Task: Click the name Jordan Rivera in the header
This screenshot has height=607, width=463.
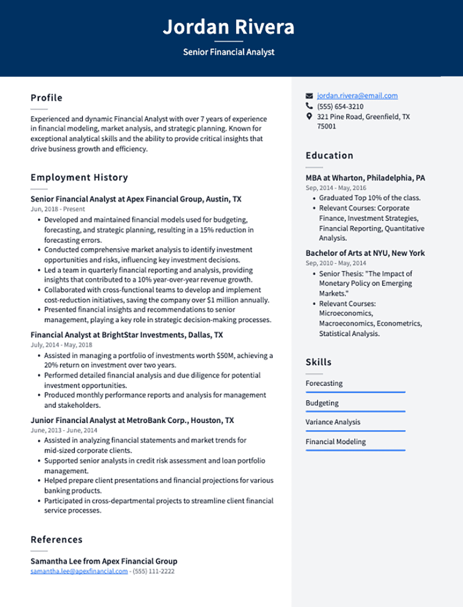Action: click(x=228, y=27)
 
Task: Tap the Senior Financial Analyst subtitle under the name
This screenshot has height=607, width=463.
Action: click(x=228, y=52)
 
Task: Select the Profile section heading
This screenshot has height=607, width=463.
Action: click(x=46, y=98)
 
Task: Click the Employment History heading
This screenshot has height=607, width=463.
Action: click(x=79, y=177)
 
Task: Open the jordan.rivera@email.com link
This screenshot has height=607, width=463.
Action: click(x=357, y=96)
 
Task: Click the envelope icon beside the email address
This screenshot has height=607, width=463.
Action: click(x=309, y=96)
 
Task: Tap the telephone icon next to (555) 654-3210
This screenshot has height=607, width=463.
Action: click(x=309, y=106)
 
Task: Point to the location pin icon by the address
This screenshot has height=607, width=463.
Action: click(x=309, y=117)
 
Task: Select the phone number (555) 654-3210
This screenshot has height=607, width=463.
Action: click(x=340, y=107)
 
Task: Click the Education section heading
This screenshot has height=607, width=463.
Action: click(x=329, y=156)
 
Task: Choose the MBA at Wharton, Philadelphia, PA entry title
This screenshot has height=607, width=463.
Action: click(x=365, y=178)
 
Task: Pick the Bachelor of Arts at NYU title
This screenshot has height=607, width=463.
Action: click(x=365, y=253)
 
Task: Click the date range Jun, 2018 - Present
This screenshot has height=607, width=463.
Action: click(x=57, y=209)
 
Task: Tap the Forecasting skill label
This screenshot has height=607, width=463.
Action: click(x=324, y=383)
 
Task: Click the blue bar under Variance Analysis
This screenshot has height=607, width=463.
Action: click(x=355, y=430)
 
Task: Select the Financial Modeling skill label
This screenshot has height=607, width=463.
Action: click(x=336, y=442)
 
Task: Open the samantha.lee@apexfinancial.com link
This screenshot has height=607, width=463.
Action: click(x=79, y=571)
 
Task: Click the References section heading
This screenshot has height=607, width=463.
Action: click(x=57, y=540)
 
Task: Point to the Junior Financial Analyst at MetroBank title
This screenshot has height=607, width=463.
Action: click(x=132, y=420)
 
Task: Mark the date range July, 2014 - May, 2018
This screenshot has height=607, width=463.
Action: click(x=61, y=345)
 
